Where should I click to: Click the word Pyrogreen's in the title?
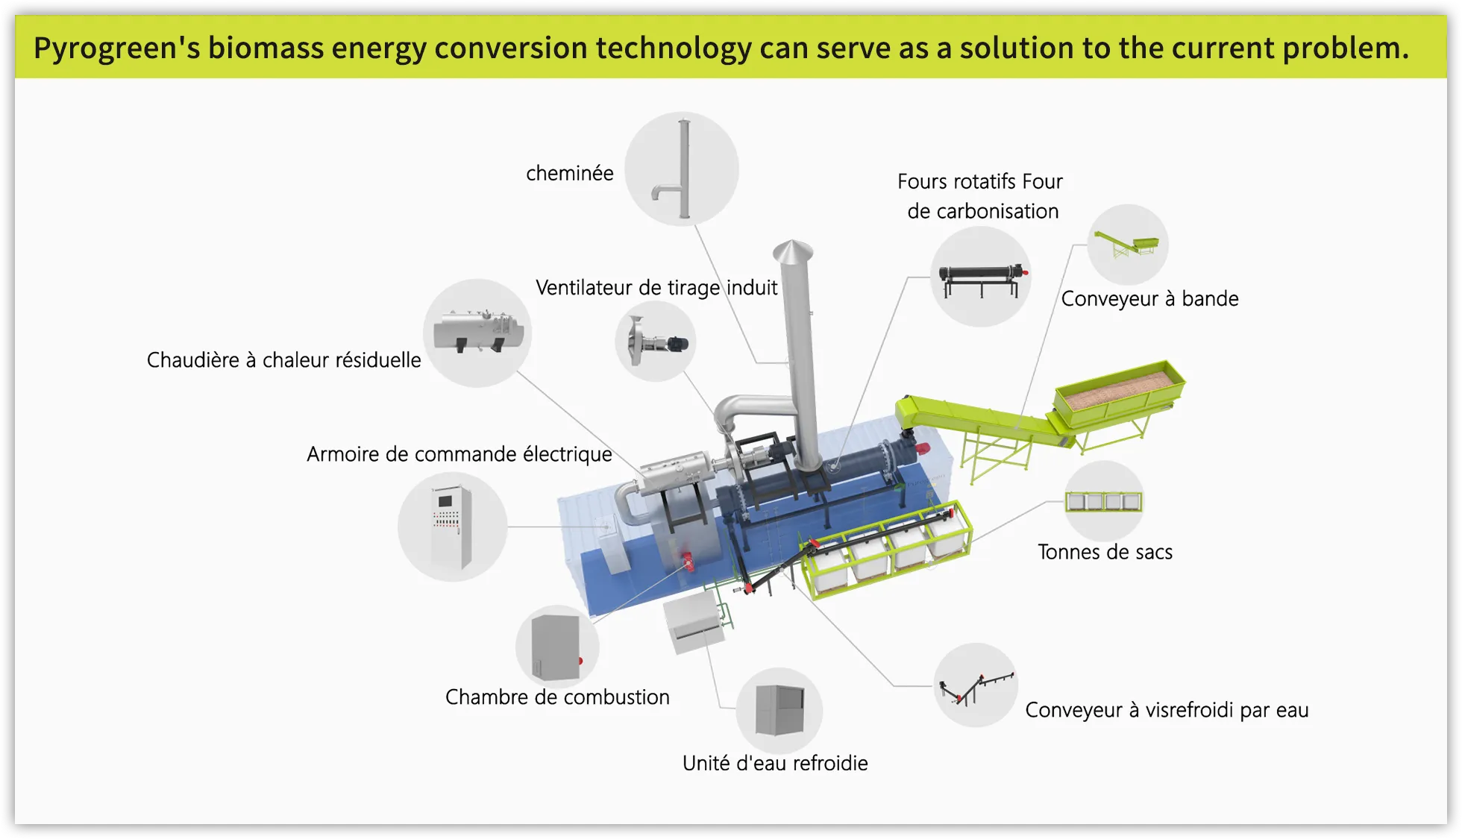[116, 48]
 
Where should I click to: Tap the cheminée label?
[569, 174]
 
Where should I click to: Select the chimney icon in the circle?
[682, 169]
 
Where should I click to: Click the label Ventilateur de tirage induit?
[656, 288]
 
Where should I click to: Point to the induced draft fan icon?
[656, 342]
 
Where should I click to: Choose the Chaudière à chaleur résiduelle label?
[283, 360]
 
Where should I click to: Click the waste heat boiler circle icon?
[477, 333]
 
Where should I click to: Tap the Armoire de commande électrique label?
[459, 454]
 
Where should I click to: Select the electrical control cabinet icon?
[452, 527]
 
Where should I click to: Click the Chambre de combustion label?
[557, 697]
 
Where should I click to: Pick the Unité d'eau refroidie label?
[775, 764]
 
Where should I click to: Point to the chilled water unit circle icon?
[779, 710]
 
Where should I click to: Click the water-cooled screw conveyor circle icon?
[976, 685]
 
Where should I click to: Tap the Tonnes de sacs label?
[1105, 553]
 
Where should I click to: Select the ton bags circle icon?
[1103, 500]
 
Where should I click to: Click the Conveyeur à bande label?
[1149, 299]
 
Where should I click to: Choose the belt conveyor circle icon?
[1127, 245]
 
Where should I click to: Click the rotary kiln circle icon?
[981, 277]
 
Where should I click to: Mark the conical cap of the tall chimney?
[792, 251]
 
